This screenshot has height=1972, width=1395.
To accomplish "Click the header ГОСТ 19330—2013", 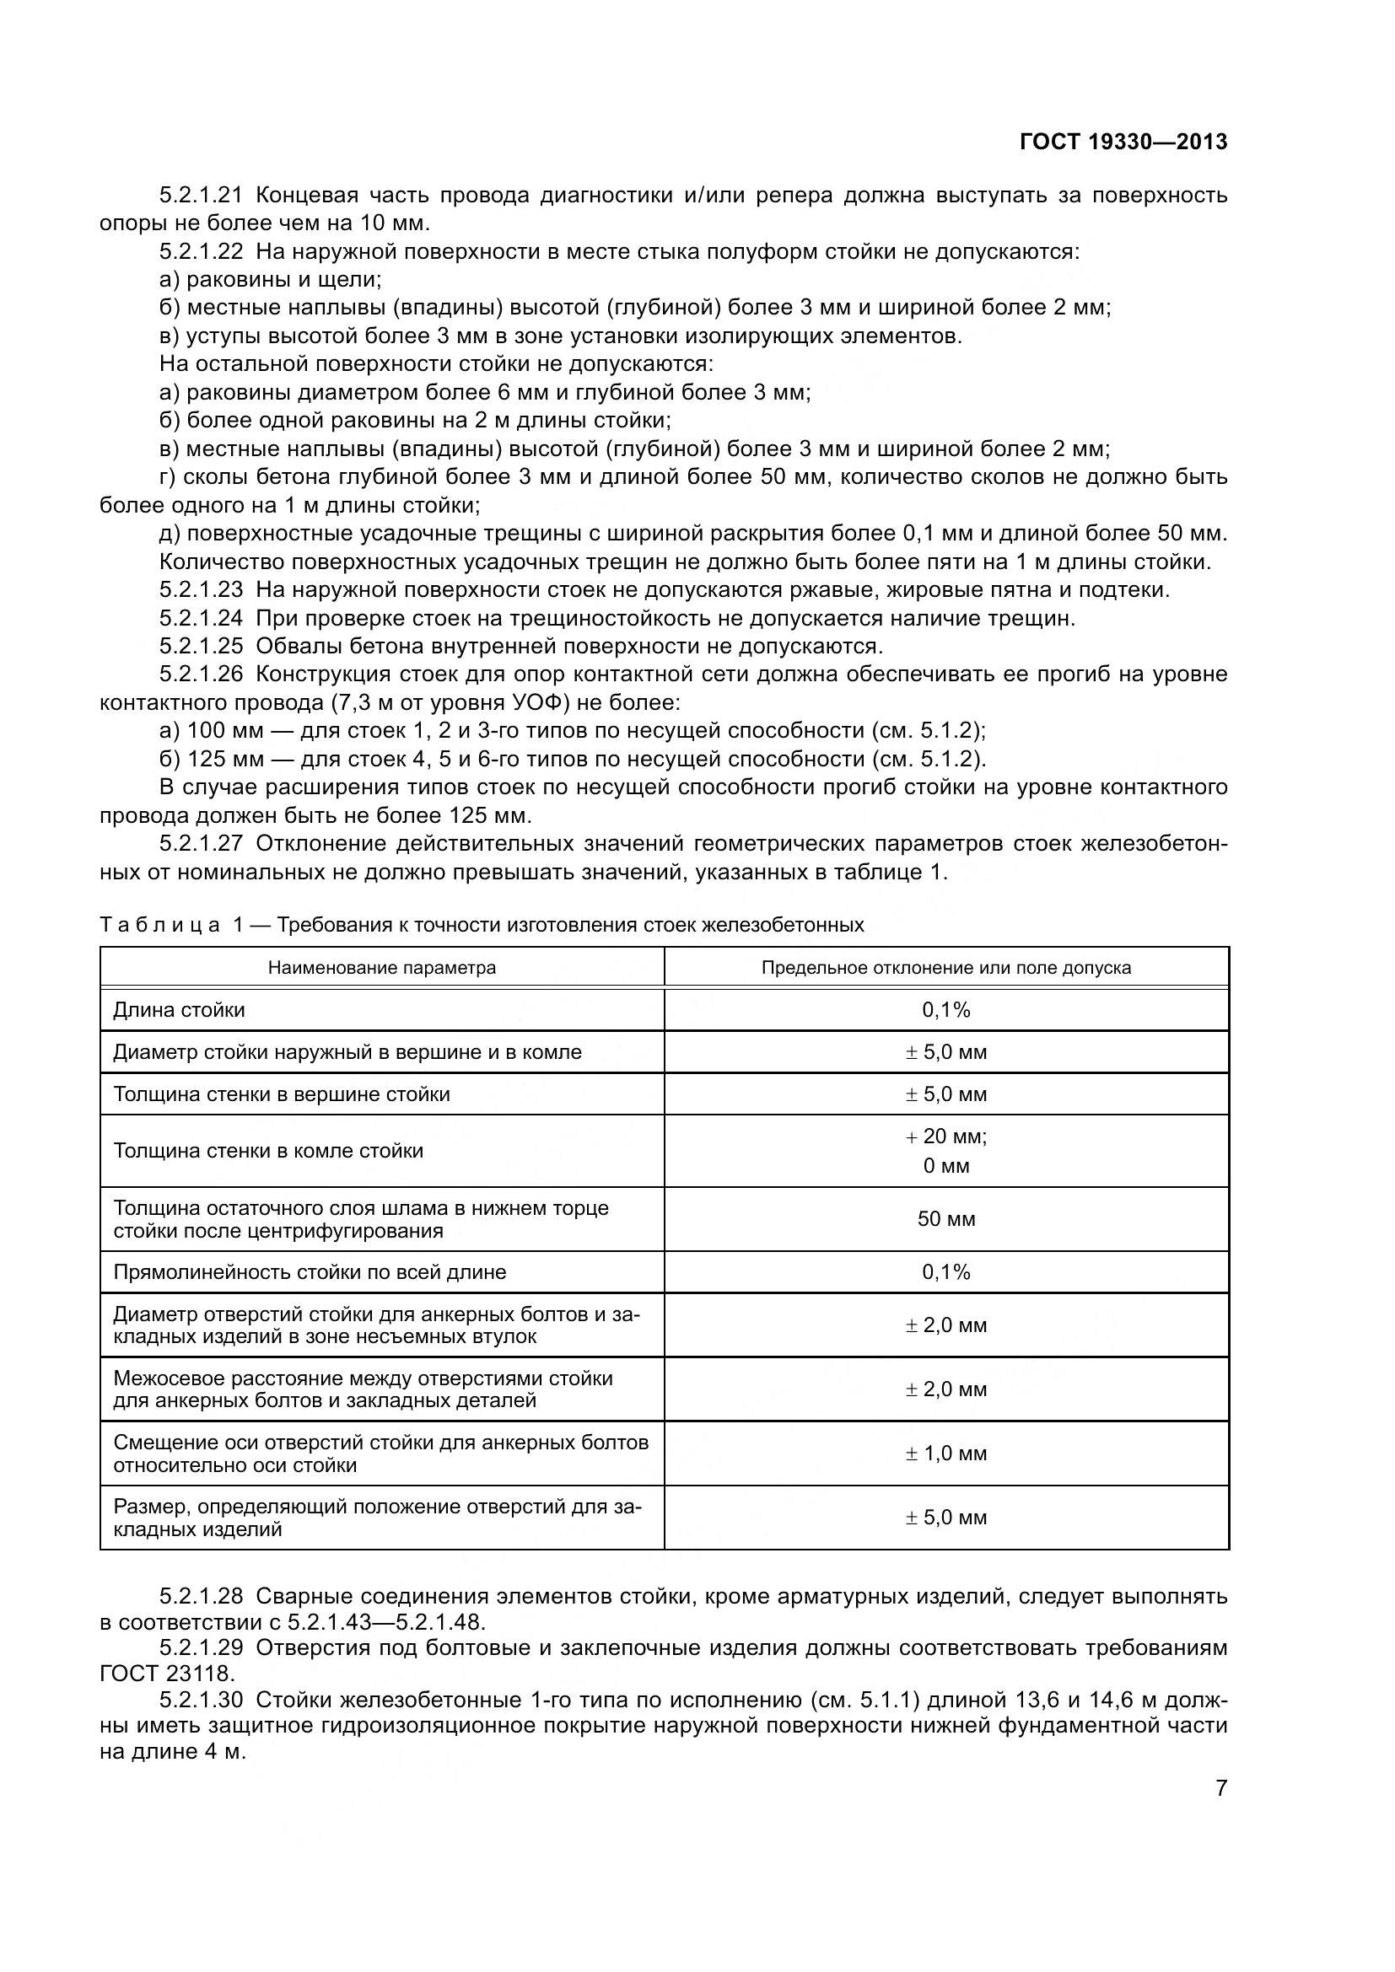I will tap(1123, 142).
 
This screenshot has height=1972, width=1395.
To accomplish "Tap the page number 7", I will tap(1221, 1788).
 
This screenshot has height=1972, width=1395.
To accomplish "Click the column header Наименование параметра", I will tap(381, 968).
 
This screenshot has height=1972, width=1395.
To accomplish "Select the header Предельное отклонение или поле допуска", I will tap(945, 968).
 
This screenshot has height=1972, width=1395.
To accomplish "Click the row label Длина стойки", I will tap(179, 1010).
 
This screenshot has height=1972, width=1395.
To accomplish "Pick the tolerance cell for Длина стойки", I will tap(945, 1010).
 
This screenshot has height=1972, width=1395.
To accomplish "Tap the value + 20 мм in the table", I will tap(945, 1136).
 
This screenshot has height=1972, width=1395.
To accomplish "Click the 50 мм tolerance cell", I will tap(945, 1219).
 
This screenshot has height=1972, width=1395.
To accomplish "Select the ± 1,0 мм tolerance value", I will tap(945, 1453).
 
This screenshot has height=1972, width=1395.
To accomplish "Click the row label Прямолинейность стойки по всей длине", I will tap(310, 1272).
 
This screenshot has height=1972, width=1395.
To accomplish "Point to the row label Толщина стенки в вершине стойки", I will tap(282, 1094).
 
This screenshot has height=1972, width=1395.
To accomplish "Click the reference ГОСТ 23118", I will tap(167, 1673).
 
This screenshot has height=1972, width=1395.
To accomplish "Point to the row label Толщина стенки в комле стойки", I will tap(268, 1151).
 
